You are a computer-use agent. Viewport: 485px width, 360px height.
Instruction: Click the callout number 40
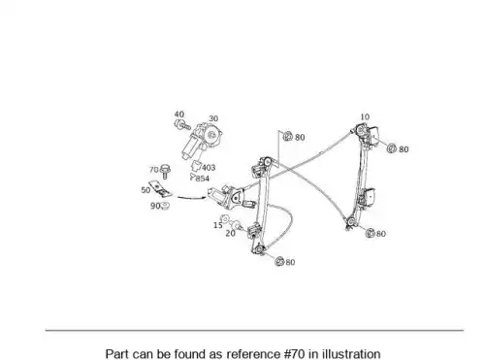tap(179, 115)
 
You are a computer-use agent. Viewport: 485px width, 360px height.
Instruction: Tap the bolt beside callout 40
tap(182, 125)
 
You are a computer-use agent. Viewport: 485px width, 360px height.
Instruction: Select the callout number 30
tap(213, 118)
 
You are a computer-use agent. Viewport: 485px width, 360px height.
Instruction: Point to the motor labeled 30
tap(202, 141)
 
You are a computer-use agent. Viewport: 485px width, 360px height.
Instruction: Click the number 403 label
tap(209, 168)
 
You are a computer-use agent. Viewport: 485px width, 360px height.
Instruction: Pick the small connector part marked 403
tap(196, 165)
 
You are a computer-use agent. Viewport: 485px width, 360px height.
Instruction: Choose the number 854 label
tap(203, 179)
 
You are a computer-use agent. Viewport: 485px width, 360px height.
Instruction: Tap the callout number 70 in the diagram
tap(154, 170)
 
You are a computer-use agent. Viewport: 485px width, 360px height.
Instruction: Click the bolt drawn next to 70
tap(165, 171)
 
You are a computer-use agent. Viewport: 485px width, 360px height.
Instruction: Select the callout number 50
tap(145, 190)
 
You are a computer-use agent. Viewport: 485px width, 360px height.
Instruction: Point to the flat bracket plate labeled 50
tap(160, 188)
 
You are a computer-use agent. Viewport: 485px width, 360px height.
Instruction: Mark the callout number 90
tap(155, 206)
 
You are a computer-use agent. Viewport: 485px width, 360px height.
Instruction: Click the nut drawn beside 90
tap(165, 206)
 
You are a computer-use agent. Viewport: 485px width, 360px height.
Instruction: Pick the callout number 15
tap(218, 225)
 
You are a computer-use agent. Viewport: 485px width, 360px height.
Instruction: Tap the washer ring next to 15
tap(225, 219)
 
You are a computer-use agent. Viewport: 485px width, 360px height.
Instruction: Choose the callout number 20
tap(230, 233)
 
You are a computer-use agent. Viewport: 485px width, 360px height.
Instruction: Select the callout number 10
tap(365, 116)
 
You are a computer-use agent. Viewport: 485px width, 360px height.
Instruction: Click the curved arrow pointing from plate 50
tap(191, 197)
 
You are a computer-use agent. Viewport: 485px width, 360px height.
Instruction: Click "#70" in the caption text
tap(294, 354)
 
